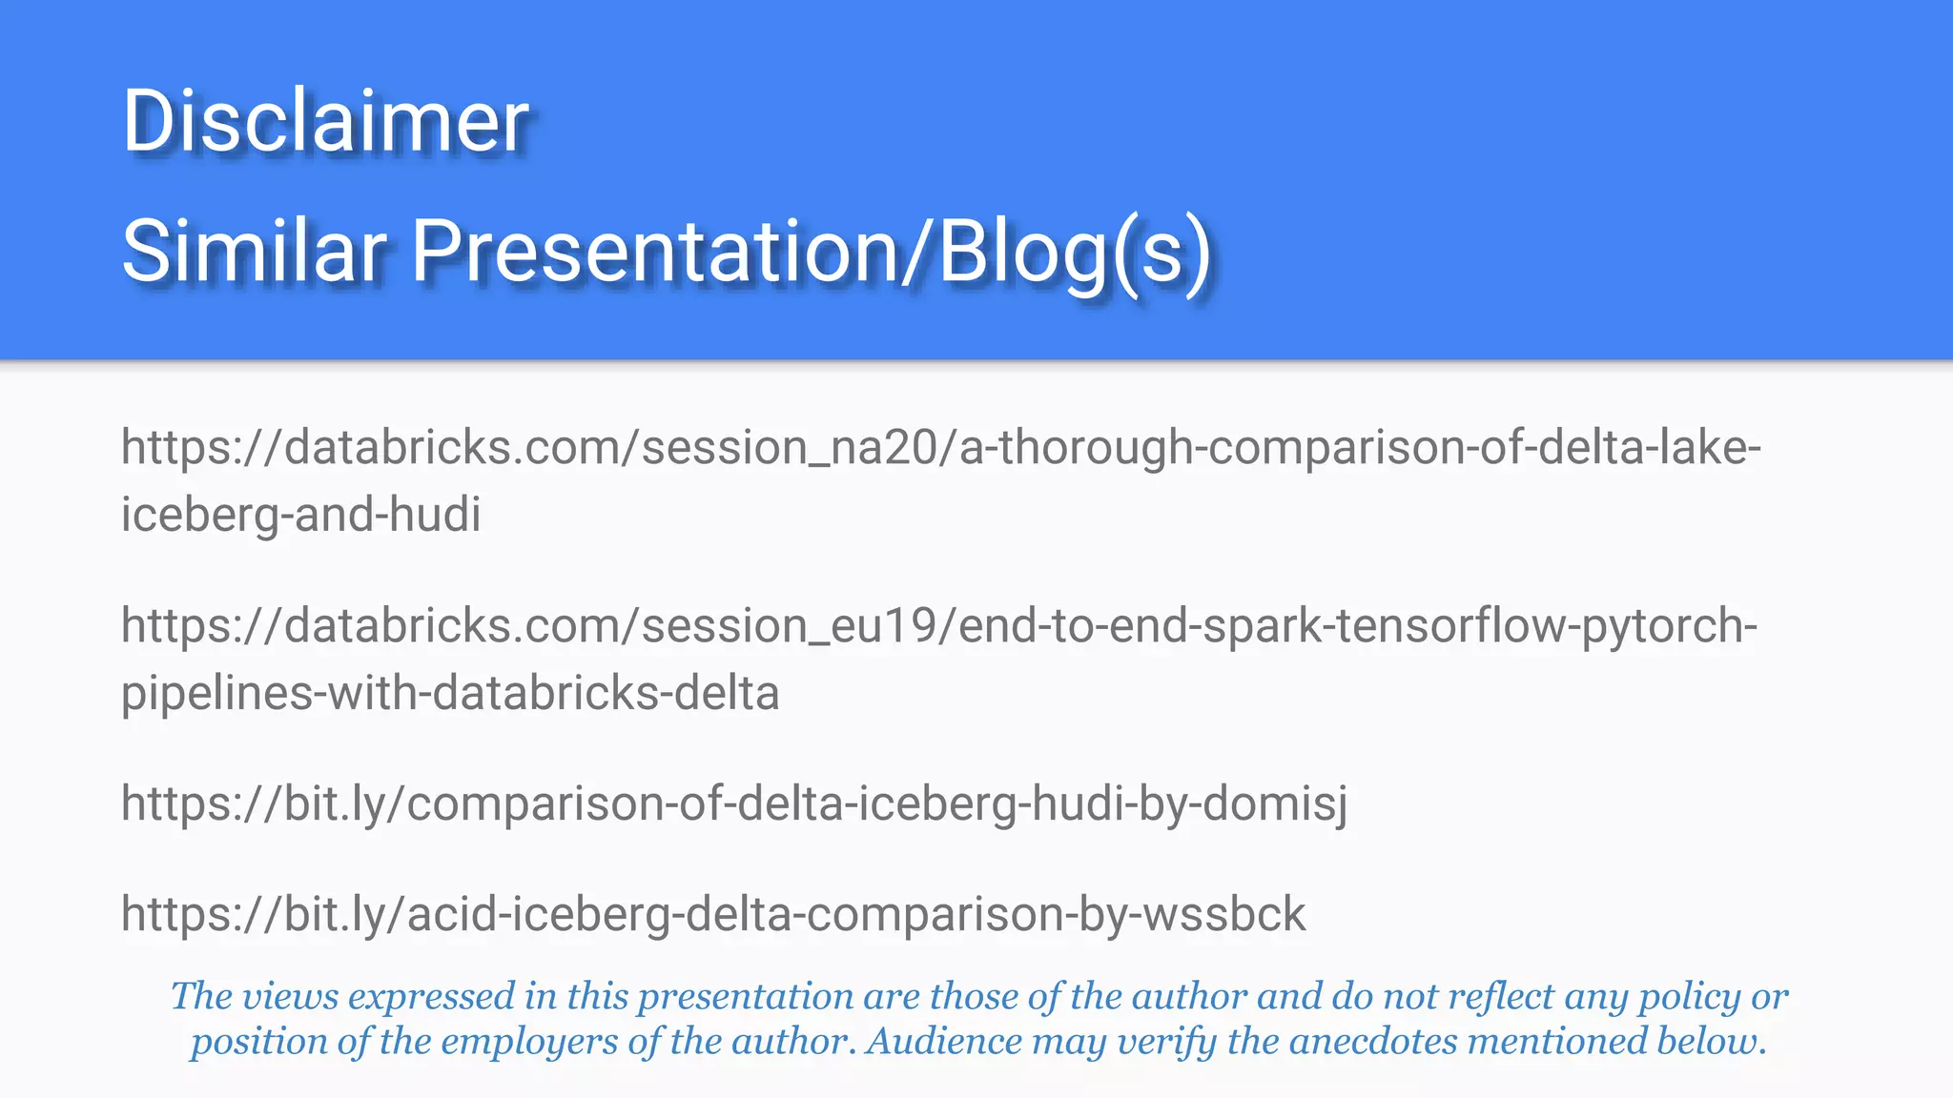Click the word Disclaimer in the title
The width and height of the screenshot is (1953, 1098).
[325, 121]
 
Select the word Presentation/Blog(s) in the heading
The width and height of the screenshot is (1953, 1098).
[811, 251]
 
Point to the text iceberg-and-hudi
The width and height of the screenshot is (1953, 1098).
[300, 515]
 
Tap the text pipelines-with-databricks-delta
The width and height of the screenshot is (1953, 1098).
[450, 693]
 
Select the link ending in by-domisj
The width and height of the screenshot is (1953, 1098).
[734, 803]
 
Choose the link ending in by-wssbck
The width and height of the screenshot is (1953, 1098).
[713, 915]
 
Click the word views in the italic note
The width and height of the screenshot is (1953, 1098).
[290, 997]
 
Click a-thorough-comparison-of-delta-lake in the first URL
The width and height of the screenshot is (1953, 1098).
[1359, 448]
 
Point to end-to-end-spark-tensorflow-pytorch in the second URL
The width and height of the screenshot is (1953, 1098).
[1356, 626]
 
